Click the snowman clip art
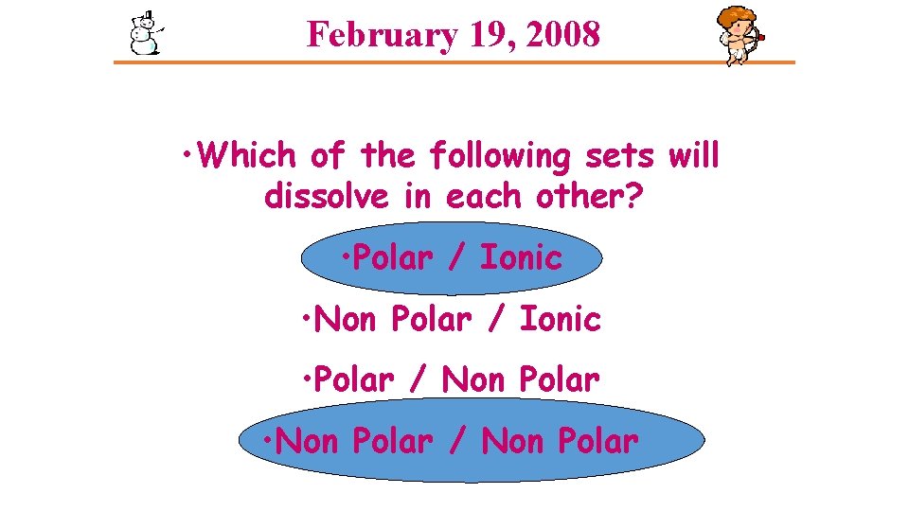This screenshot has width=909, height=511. [145, 34]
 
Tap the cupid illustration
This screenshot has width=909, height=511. [740, 35]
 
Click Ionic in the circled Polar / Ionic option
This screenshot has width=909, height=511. [521, 257]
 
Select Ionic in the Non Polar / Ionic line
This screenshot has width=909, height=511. [561, 319]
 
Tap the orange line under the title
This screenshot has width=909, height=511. [454, 62]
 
